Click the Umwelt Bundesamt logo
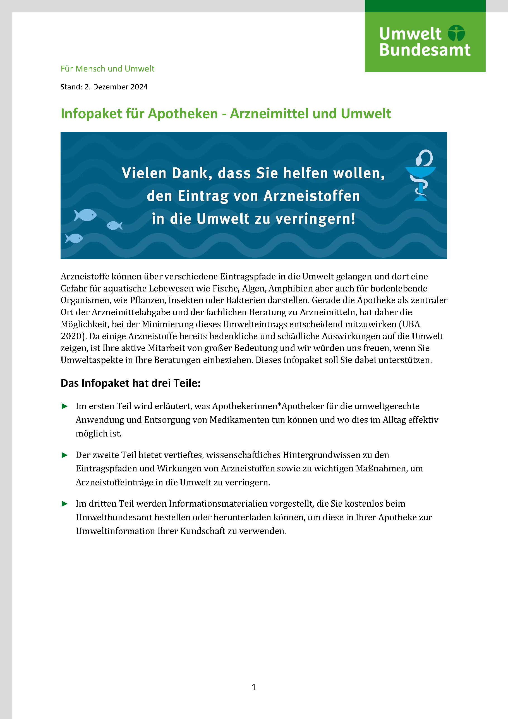pos(425,42)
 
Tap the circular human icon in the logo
pos(456,33)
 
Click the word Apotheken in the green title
pos(183,113)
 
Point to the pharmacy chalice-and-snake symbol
pos(421,175)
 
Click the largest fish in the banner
pos(85,215)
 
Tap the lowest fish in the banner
pos(74,238)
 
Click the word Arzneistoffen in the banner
pos(312,196)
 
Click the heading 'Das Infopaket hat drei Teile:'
pos(130,383)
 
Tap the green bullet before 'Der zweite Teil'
pos(65,455)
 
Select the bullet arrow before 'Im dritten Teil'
pos(65,504)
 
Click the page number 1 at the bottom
pos(254,687)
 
